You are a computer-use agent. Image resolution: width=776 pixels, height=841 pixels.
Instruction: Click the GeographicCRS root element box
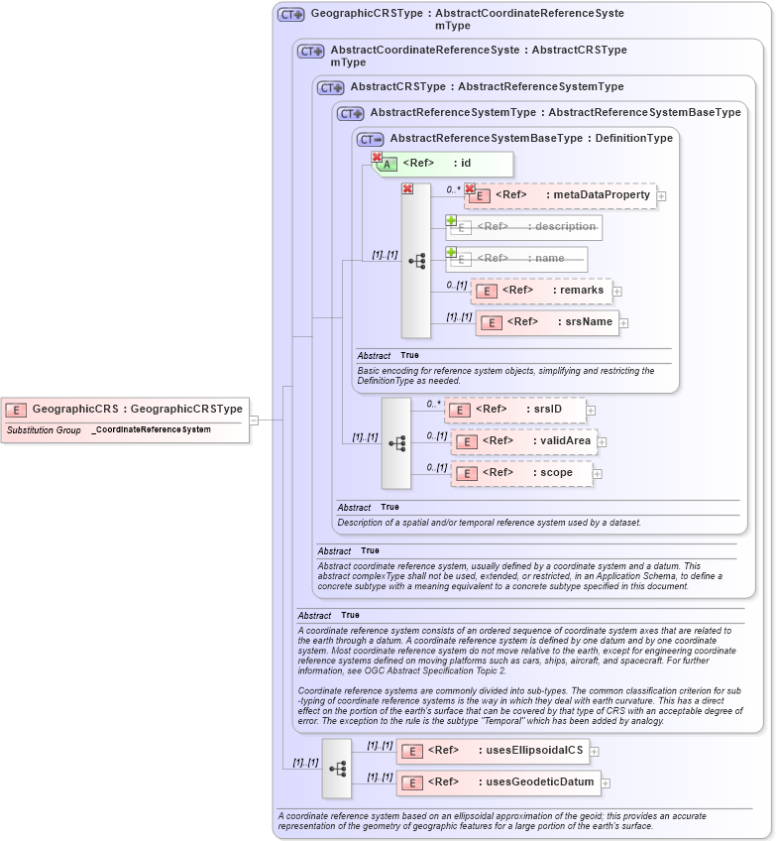[125, 409]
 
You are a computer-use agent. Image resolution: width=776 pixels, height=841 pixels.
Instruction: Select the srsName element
[547, 322]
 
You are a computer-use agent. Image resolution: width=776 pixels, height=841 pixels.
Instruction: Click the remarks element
[542, 291]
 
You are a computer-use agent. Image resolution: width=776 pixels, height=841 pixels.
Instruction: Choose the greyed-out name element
[516, 259]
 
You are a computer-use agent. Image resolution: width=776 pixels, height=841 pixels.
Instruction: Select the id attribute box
[442, 164]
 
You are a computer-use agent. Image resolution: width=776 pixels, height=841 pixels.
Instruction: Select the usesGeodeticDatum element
[498, 782]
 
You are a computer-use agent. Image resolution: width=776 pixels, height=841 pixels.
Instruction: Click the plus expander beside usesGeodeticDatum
[606, 783]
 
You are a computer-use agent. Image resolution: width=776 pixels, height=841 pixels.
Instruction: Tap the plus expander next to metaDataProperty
[661, 196]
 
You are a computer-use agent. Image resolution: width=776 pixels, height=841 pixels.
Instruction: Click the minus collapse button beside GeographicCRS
[254, 420]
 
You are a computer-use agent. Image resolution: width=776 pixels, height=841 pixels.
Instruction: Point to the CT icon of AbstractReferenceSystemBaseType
[370, 139]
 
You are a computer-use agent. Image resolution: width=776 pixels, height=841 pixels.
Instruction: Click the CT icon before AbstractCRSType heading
[330, 87]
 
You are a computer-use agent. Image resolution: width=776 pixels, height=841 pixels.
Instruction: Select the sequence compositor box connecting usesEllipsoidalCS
[337, 768]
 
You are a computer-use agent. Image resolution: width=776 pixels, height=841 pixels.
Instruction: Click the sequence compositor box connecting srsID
[396, 442]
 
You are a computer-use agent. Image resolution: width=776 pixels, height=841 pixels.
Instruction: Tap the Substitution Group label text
[44, 430]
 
